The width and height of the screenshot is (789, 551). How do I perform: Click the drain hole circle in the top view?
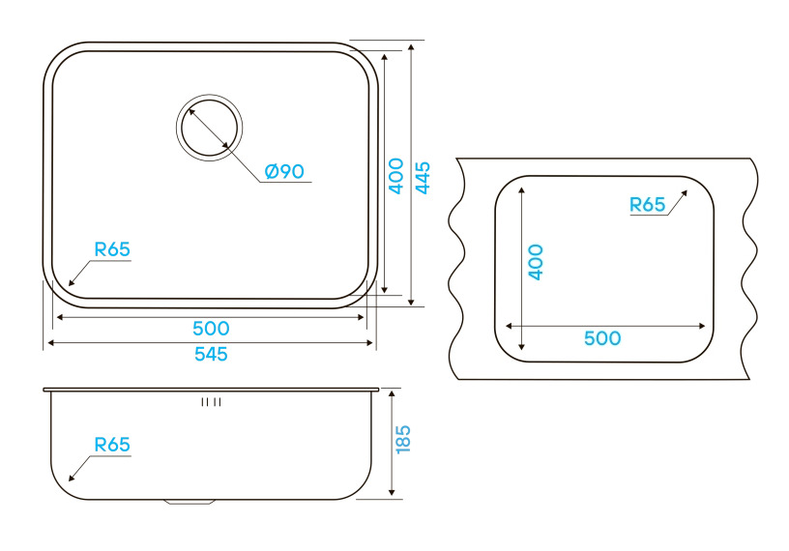(x=209, y=127)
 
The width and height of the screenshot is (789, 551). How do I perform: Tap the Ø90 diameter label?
(x=284, y=171)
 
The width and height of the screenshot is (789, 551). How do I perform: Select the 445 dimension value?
(x=423, y=177)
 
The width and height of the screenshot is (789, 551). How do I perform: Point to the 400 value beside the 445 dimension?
(x=395, y=177)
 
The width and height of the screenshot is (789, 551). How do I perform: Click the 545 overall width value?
(x=211, y=354)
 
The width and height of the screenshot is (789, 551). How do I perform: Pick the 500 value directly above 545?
(x=211, y=329)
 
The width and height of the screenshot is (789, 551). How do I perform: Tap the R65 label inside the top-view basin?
(x=112, y=248)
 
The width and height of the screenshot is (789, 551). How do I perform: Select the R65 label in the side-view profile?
(x=112, y=445)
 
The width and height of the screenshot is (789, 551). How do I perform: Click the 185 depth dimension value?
(x=403, y=440)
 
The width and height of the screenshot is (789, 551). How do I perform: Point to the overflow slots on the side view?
(x=211, y=401)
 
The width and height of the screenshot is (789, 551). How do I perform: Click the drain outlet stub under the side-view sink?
(x=190, y=502)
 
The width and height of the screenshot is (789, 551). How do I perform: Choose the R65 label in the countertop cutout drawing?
(x=647, y=204)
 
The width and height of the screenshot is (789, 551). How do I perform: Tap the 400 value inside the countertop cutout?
(x=536, y=262)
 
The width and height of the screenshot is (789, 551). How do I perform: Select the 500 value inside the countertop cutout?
(x=601, y=338)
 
